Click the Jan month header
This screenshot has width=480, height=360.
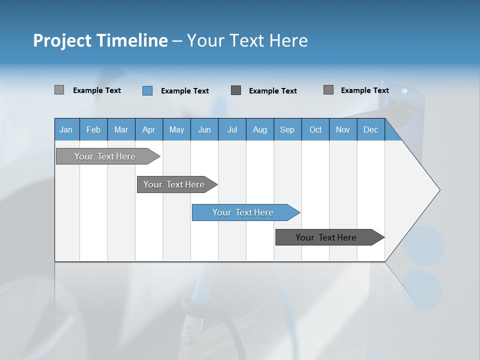click(x=66, y=129)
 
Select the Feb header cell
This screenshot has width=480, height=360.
click(x=93, y=129)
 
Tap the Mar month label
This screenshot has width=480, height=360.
click(x=121, y=129)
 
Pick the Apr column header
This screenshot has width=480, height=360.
click(x=148, y=129)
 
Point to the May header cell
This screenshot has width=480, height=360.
click(x=176, y=129)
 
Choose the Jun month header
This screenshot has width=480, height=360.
click(x=204, y=129)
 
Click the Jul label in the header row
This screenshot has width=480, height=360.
click(x=232, y=129)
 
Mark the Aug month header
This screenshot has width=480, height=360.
click(x=259, y=129)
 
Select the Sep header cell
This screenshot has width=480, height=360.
click(x=287, y=129)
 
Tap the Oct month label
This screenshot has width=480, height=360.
click(x=315, y=129)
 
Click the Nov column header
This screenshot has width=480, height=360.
click(x=343, y=129)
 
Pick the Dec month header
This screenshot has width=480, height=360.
click(x=370, y=129)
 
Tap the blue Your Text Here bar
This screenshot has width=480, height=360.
click(x=244, y=212)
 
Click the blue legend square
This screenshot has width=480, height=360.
click(x=147, y=90)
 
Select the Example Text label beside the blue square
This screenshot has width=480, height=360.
click(x=185, y=91)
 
